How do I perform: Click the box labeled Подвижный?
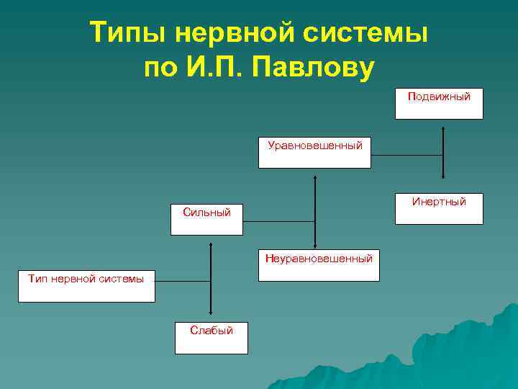439,104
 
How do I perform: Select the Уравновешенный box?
314,152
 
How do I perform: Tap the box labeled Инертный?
439,209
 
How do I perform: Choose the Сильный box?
206,219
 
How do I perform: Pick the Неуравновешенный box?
319,264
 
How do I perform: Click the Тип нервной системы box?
86,285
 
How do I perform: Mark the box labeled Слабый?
212,337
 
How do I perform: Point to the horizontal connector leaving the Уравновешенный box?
406,155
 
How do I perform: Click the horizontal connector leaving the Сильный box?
278,220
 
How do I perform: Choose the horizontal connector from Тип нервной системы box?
182,280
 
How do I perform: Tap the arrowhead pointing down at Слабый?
210,312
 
